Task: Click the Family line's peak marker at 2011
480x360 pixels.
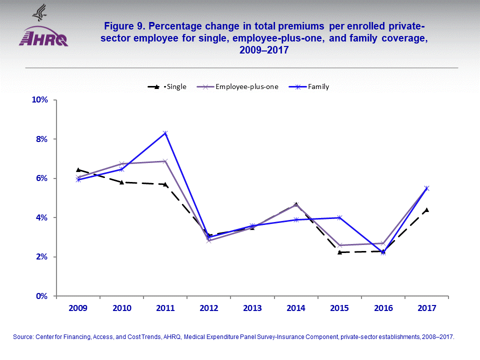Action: click(165, 133)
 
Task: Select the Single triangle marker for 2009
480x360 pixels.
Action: click(78, 170)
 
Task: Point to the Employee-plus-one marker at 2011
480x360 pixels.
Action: click(165, 161)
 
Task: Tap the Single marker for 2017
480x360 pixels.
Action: click(426, 210)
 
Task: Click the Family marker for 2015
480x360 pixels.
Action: click(339, 217)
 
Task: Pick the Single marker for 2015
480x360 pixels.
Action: click(339, 252)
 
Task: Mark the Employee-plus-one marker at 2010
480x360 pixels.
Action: click(121, 163)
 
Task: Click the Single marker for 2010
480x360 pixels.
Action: click(121, 182)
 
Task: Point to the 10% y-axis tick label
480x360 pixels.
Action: click(39, 99)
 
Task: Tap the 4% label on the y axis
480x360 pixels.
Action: click(41, 217)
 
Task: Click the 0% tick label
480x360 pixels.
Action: click(41, 296)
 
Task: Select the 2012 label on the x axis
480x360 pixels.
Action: click(208, 308)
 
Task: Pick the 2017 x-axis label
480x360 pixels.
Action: click(426, 308)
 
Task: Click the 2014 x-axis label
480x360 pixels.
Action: click(296, 308)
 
